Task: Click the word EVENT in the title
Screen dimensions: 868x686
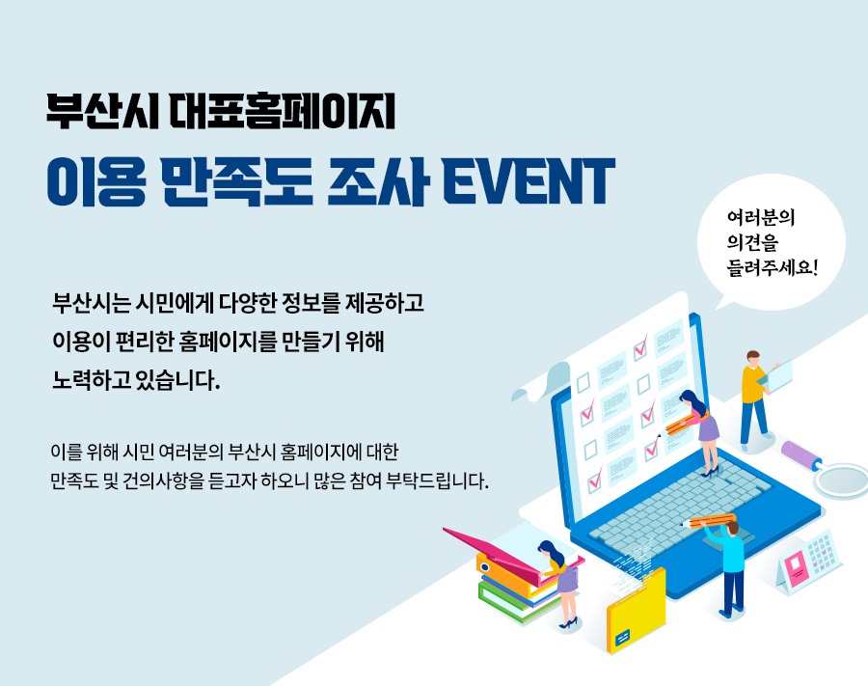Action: [x=529, y=180]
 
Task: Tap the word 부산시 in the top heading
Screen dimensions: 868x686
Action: [x=102, y=111]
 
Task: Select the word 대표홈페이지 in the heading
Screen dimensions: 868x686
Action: [x=283, y=111]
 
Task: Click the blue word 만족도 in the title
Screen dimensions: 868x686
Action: [x=238, y=181]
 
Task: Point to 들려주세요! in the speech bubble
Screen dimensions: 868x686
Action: [x=773, y=268]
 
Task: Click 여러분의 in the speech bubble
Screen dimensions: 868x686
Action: [x=761, y=218]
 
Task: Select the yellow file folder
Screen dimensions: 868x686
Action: [x=637, y=612]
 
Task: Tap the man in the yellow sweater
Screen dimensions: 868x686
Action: [x=755, y=399]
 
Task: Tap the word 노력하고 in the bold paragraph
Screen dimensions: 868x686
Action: [x=92, y=380]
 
